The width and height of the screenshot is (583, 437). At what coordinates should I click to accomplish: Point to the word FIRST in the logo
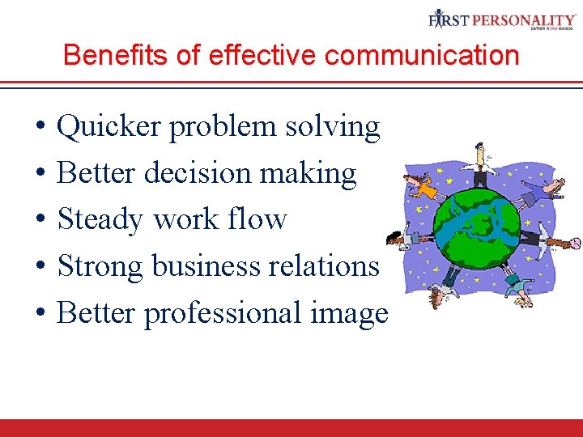point(447,19)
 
